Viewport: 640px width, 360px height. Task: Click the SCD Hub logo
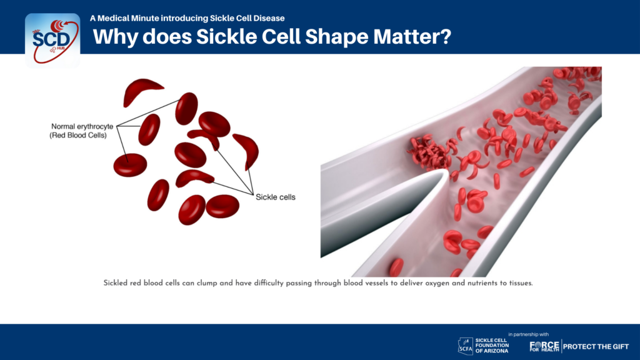52,40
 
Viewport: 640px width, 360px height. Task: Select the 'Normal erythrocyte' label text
82,126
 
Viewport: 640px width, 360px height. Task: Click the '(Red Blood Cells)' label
78,135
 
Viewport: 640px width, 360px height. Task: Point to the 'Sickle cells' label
276,197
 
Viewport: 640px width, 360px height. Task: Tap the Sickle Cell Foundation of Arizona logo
483,345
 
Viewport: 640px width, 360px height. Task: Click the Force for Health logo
544,346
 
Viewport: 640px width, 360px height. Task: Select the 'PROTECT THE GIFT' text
596,347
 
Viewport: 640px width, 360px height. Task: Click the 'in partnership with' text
529,334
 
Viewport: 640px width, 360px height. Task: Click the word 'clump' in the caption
207,283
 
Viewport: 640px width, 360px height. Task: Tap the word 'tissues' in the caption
521,283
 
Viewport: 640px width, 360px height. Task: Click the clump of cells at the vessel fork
429,152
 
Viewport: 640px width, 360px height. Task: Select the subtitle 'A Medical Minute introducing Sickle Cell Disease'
187,18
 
